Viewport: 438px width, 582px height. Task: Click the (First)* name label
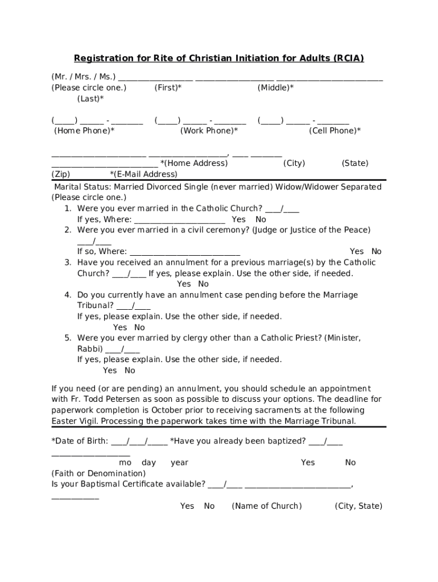click(x=168, y=88)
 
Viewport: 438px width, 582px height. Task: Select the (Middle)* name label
click(x=275, y=88)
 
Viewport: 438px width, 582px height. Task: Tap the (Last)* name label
click(x=90, y=98)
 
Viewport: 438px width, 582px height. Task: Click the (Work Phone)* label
click(x=209, y=131)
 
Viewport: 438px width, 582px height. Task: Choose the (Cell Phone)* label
click(x=334, y=131)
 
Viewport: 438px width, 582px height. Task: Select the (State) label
click(x=354, y=163)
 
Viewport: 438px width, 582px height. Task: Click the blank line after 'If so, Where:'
click(x=185, y=252)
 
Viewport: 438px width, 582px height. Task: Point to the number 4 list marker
click(x=67, y=295)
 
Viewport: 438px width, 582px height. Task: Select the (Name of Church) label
click(x=267, y=506)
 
